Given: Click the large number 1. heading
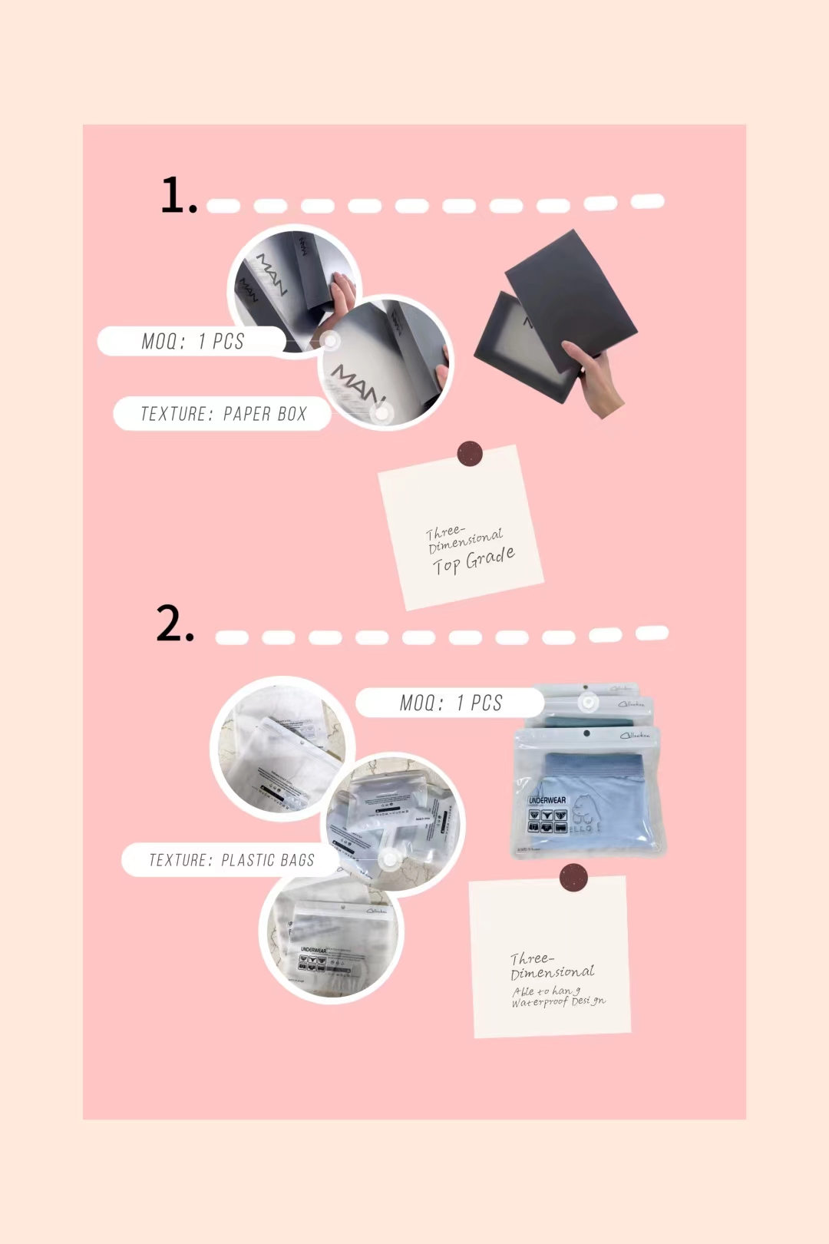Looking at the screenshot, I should [178, 195].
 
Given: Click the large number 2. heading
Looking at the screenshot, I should [175, 623].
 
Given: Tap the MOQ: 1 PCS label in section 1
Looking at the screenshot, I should [193, 341].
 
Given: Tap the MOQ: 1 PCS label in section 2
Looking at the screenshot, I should [451, 703].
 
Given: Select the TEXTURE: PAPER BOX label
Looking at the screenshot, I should [223, 414].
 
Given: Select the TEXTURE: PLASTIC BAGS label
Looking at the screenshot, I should [231, 860].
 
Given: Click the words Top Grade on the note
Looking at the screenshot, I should [474, 561].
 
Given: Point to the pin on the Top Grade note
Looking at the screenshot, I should [470, 454].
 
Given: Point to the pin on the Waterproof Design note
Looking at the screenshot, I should [573, 877].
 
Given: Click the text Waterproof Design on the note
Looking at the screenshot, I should [559, 1002].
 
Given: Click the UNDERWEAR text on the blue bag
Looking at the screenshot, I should [547, 800].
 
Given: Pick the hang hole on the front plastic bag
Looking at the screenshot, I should [586, 733].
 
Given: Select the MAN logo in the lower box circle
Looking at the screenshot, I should [357, 384].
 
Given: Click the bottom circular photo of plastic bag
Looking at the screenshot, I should [332, 941].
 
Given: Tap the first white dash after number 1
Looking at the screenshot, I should [223, 206].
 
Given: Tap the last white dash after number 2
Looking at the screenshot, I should [652, 633].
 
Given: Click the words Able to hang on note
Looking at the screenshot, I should [546, 991].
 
